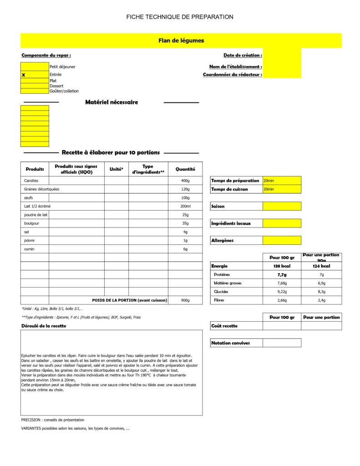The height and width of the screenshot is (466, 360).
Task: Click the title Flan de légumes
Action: click(x=181, y=41)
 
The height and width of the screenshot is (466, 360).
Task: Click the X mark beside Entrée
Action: click(x=23, y=75)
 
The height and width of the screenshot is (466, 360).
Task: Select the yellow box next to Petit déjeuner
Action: click(x=35, y=66)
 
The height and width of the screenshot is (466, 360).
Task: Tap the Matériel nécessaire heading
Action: click(x=112, y=102)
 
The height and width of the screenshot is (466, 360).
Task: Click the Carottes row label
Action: click(x=31, y=181)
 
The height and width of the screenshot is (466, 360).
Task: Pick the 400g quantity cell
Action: click(x=185, y=181)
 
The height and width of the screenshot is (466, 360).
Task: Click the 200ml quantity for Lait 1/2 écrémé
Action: click(x=185, y=206)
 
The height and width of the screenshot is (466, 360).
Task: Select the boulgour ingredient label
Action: click(x=31, y=223)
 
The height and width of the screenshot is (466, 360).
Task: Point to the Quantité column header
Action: click(x=185, y=169)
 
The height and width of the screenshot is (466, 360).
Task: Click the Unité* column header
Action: click(x=117, y=169)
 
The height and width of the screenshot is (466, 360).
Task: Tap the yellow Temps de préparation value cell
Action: click(x=282, y=181)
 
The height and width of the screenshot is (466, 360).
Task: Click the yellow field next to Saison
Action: click(x=282, y=206)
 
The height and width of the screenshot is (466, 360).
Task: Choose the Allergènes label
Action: click(x=223, y=240)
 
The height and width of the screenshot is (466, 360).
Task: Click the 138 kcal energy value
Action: click(x=282, y=266)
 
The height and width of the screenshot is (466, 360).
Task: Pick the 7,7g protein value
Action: click(x=282, y=275)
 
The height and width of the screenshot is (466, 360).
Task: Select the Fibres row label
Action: click(x=221, y=300)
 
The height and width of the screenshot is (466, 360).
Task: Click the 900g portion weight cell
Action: click(x=185, y=300)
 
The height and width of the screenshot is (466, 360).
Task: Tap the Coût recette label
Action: click(x=224, y=326)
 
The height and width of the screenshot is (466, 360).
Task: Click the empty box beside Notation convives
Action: click(x=282, y=343)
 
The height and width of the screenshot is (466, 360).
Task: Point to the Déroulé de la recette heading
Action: click(x=44, y=326)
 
